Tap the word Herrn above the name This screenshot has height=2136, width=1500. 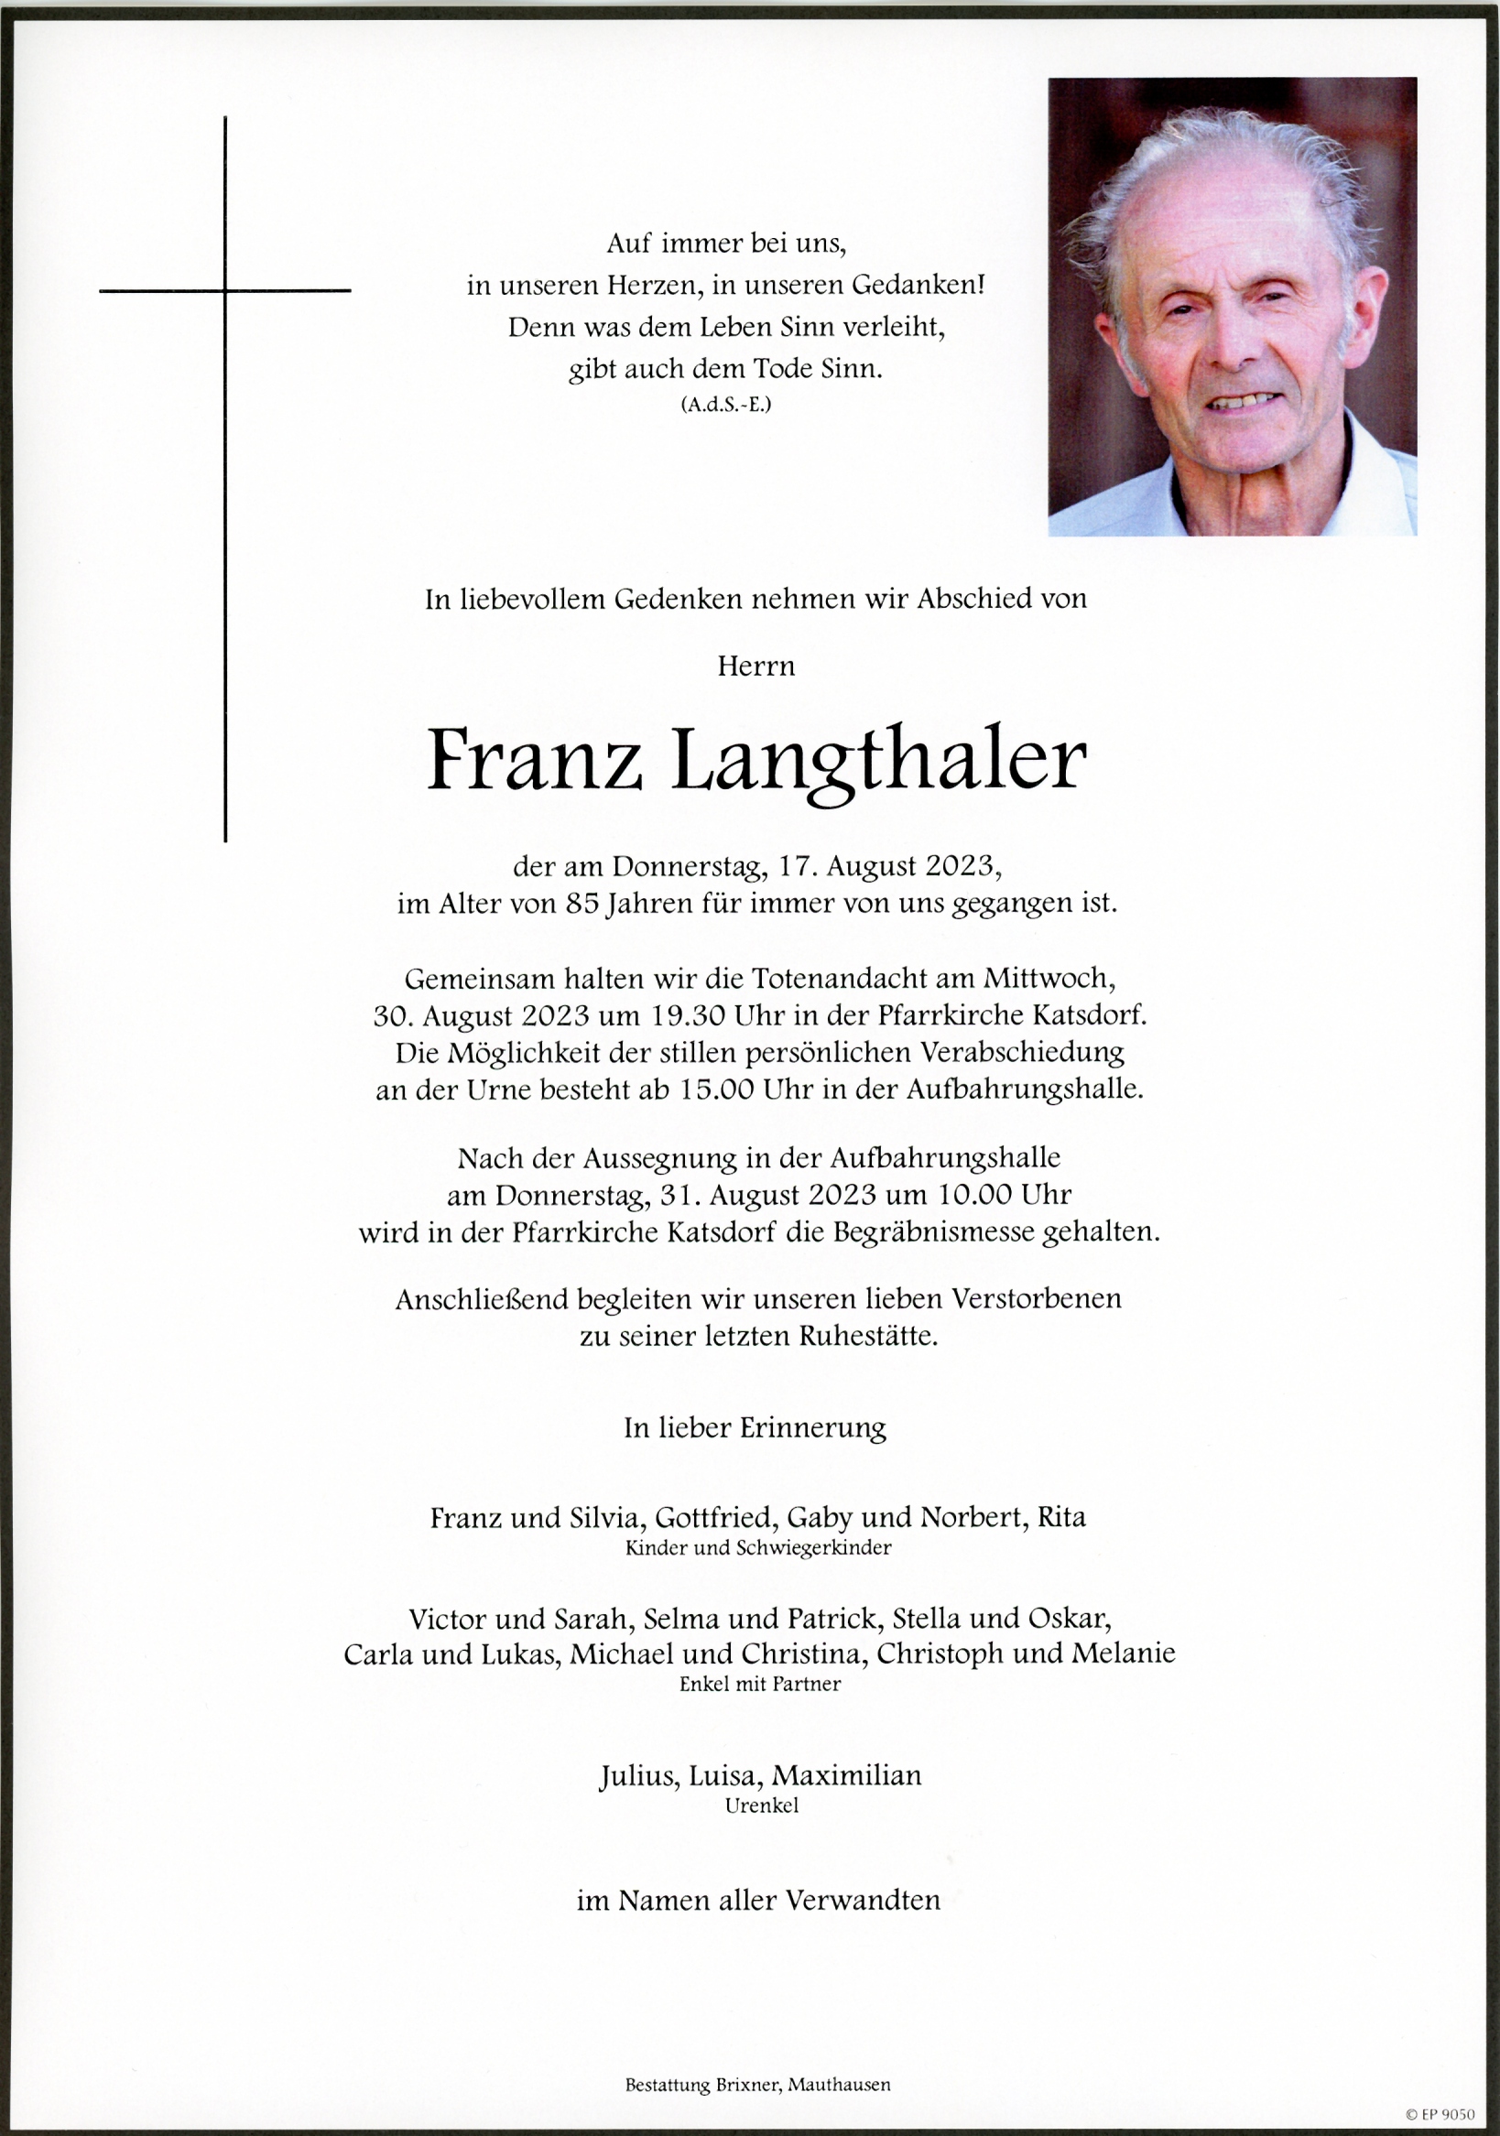(x=755, y=667)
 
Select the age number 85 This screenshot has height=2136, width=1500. (x=582, y=904)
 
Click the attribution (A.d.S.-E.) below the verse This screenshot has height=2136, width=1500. (x=726, y=405)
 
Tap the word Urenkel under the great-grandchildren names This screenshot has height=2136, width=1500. (x=761, y=1805)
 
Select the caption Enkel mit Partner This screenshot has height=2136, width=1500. (x=759, y=1684)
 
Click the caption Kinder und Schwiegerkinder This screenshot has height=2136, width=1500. (x=757, y=1548)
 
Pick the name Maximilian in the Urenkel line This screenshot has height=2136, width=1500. (x=847, y=1776)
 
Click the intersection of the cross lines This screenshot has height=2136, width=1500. (x=225, y=291)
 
